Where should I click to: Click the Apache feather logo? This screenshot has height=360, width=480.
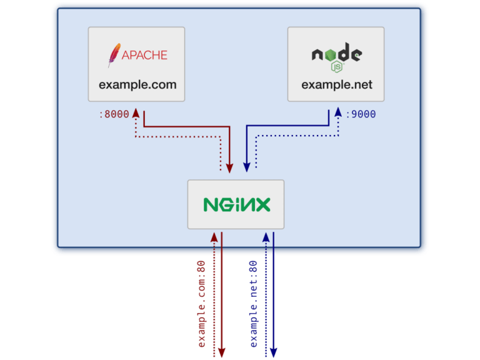pos(113,55)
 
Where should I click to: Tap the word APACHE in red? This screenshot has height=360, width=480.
pos(144,55)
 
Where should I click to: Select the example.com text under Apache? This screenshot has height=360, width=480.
pos(137,84)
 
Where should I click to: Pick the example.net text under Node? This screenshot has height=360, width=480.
pos(336,84)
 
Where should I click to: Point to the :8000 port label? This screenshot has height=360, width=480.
pos(114,114)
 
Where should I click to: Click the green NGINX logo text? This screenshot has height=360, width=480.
pos(236,204)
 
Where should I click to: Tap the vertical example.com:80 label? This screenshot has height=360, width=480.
pos(202,303)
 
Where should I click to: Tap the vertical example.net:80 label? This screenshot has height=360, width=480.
pos(254,303)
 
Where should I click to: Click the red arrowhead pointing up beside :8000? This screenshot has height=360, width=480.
pos(135,112)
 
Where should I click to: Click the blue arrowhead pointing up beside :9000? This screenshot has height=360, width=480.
pos(338,112)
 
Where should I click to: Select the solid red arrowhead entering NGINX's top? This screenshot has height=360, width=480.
pos(229,167)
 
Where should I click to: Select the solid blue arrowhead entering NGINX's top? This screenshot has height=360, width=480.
pos(247,167)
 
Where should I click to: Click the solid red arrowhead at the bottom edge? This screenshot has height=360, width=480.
pos(221,354)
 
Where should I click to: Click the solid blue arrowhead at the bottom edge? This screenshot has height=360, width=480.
pos(273,354)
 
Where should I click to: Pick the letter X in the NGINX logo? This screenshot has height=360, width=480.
pos(262,204)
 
